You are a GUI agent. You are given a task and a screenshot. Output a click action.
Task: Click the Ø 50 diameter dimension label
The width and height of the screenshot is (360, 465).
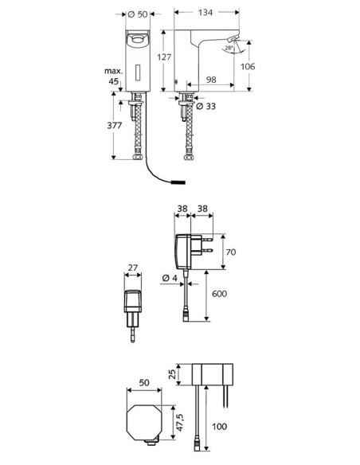pos(139,14)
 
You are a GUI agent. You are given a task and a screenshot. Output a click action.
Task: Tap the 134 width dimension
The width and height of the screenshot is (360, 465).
pos(205,13)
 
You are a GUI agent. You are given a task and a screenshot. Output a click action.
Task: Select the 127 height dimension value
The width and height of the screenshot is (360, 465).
pos(164,57)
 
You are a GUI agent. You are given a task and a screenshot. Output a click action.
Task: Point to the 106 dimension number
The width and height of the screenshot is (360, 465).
pos(248,66)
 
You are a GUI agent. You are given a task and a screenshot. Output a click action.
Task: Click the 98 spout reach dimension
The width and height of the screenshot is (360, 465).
pos(211,80)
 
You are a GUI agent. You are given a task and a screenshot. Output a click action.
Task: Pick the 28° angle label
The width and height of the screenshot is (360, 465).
pos(229,48)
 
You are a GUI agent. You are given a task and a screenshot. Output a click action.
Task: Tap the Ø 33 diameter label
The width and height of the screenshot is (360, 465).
pos(206,106)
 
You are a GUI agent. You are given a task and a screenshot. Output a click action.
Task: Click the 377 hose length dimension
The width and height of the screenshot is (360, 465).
pos(115,126)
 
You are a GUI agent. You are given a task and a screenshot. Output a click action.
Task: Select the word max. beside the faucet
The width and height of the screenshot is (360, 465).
pos(114,71)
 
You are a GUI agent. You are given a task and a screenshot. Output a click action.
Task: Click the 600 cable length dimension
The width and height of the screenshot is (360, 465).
pos(220,294)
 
